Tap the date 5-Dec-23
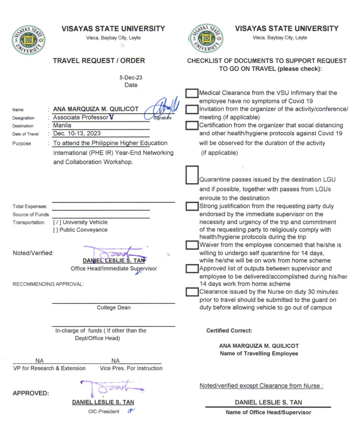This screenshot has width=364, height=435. coord(131,78)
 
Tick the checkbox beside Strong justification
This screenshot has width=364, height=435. coord(193,206)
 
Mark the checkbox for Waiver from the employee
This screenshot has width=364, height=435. coord(193,245)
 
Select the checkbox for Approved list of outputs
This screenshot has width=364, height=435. coord(193,269)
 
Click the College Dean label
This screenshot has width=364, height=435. coord(113,308)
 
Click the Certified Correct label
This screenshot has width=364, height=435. coord(229,331)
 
